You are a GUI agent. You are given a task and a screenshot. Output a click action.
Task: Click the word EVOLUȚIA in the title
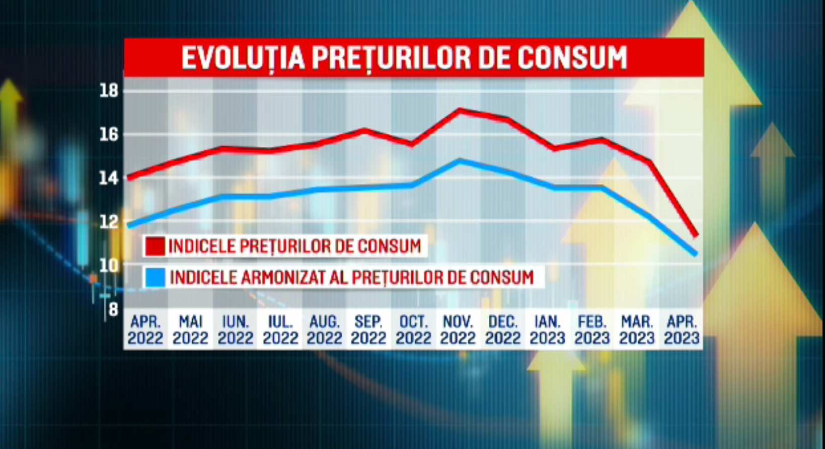click(x=243, y=58)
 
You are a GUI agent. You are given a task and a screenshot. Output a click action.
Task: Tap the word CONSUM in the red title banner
click(x=572, y=58)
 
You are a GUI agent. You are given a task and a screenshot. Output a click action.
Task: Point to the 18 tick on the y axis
click(x=109, y=91)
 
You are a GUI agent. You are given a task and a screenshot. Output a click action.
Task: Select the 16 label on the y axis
click(x=109, y=135)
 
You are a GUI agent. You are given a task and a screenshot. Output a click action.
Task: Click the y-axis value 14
click(x=109, y=178)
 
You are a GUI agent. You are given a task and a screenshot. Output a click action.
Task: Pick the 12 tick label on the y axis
click(x=109, y=221)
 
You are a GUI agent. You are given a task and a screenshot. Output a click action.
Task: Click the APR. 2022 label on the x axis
click(x=145, y=329)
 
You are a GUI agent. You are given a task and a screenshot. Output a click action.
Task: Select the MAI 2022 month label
click(x=190, y=329)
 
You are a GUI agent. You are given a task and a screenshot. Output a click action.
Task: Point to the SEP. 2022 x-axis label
click(x=368, y=329)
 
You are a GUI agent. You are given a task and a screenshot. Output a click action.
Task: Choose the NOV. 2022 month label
click(x=458, y=329)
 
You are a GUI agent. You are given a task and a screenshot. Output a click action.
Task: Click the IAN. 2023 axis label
click(x=547, y=329)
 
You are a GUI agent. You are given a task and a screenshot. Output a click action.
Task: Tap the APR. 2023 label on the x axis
click(x=682, y=329)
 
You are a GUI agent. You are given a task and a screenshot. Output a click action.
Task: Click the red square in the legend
click(x=155, y=246)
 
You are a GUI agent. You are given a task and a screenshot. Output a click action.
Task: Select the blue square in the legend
click(x=155, y=277)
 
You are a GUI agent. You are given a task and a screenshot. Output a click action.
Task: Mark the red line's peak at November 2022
click(x=459, y=110)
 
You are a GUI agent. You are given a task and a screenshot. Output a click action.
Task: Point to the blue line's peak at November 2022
click(x=459, y=161)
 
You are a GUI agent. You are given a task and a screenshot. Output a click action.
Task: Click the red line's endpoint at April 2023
click(x=696, y=235)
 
